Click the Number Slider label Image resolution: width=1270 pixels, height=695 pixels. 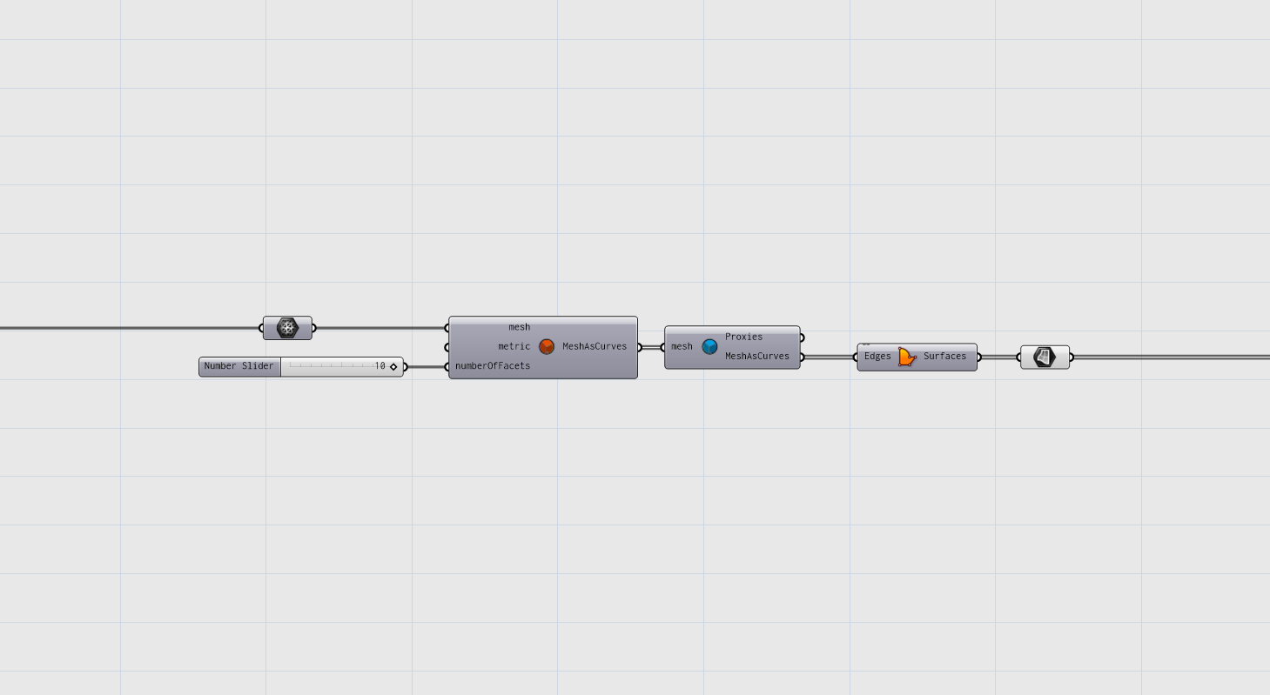239,366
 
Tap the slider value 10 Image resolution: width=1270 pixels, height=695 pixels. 380,366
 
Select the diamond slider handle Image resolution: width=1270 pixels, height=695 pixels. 393,366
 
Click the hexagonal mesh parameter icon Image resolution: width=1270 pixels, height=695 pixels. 287,328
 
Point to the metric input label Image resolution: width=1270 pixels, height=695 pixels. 514,346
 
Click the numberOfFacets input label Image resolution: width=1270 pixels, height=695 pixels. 493,366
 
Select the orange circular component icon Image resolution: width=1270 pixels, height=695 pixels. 547,347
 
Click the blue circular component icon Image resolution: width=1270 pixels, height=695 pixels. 709,347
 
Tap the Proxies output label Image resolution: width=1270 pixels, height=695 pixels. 744,337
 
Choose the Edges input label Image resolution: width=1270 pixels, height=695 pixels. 877,357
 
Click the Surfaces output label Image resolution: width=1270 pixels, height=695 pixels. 944,357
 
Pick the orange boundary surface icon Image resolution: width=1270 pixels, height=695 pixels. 907,357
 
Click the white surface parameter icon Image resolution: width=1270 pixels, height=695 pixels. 1045,358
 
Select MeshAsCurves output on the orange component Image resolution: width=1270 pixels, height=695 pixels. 595,347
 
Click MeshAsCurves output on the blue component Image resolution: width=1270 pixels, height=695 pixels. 757,357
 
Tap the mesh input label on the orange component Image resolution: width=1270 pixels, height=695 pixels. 520,327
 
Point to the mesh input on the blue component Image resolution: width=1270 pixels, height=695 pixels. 682,347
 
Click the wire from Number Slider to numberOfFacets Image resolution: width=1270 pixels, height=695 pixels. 427,367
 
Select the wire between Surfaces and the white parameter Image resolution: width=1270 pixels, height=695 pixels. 999,358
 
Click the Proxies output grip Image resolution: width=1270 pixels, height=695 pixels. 802,337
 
